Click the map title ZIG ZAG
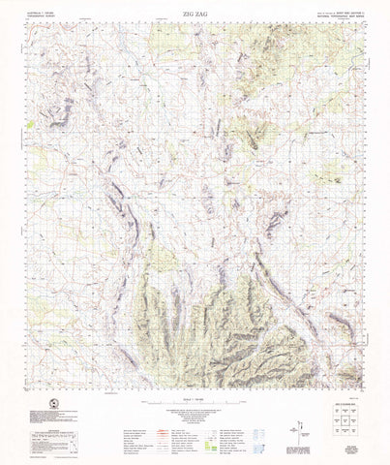(x=195, y=15)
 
